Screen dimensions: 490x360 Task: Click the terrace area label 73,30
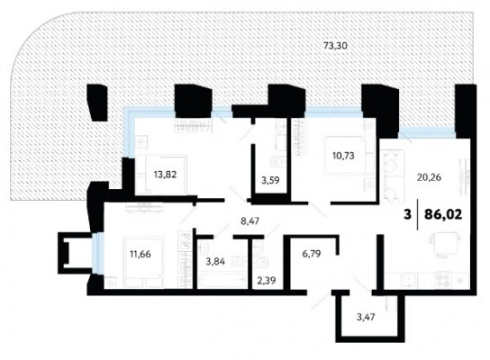coord(335,46)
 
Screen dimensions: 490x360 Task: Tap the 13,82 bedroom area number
coord(165,175)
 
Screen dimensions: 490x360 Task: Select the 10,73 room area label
coord(343,155)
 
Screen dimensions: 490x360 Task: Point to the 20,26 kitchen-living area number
coord(429,177)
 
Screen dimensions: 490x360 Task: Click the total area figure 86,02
coord(443,214)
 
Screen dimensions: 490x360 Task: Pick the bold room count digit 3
coord(407,214)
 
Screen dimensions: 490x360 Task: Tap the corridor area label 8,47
coord(250,221)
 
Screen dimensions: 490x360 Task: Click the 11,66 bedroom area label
coord(141,254)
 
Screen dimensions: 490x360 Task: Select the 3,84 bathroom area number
coord(215,261)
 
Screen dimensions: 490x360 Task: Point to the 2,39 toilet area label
coord(267,281)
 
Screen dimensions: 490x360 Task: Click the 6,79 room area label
coord(312,254)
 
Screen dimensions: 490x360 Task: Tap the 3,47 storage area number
coord(366,318)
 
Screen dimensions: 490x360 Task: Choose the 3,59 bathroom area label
coord(270,180)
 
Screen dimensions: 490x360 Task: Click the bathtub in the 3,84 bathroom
coord(222,280)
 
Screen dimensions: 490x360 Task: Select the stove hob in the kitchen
coord(444,281)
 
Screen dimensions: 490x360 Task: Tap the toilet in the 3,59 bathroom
coord(277,162)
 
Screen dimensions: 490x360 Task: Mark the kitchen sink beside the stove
coord(409,281)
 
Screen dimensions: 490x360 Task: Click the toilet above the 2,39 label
coord(260,263)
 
